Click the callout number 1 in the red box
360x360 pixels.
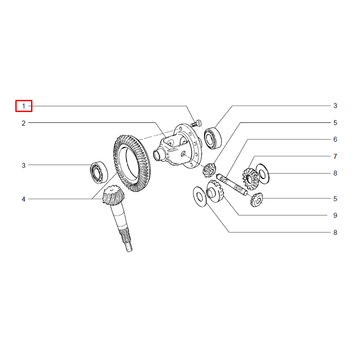click(x=23, y=106)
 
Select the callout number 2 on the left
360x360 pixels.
click(x=23, y=123)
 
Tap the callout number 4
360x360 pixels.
click(x=23, y=199)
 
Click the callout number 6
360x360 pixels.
click(x=335, y=139)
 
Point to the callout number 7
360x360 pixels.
click(x=335, y=156)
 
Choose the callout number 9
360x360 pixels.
click(x=335, y=216)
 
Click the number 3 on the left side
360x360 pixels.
click(x=23, y=165)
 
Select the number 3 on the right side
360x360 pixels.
click(x=335, y=106)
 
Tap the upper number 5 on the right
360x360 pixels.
click(x=335, y=122)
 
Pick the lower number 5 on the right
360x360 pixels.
click(x=335, y=198)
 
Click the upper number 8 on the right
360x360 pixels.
click(x=335, y=173)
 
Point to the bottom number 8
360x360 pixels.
click(x=335, y=232)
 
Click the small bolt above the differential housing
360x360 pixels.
click(x=196, y=123)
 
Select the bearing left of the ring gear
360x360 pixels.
click(x=99, y=172)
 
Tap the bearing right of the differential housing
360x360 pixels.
click(x=213, y=138)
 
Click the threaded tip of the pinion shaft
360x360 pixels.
click(x=129, y=247)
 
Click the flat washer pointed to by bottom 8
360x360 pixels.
click(x=200, y=197)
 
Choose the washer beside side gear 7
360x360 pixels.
click(x=262, y=174)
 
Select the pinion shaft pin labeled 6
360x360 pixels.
click(x=232, y=185)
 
